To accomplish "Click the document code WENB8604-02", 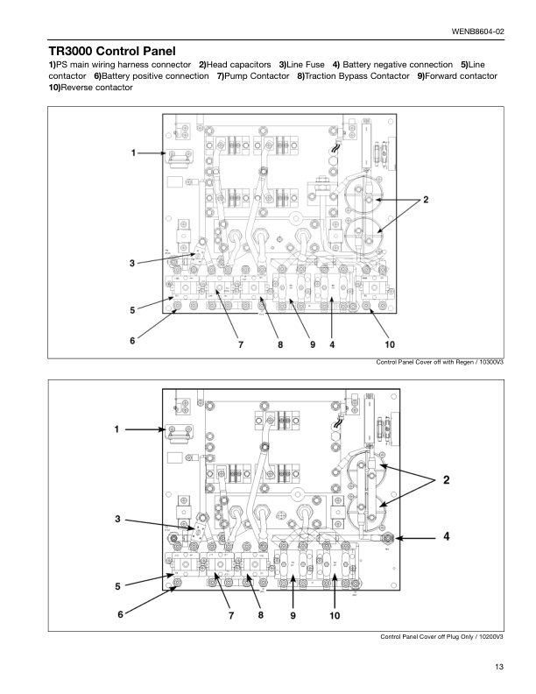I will (x=477, y=32).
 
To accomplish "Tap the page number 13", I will (x=498, y=668).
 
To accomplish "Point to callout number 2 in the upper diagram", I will (x=426, y=200).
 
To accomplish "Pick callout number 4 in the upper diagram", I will (x=333, y=344).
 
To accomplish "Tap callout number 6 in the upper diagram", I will (x=133, y=340).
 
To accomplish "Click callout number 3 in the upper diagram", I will (x=132, y=262).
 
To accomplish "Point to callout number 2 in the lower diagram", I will (x=446, y=479).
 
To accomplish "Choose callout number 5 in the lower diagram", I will (x=116, y=584).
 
